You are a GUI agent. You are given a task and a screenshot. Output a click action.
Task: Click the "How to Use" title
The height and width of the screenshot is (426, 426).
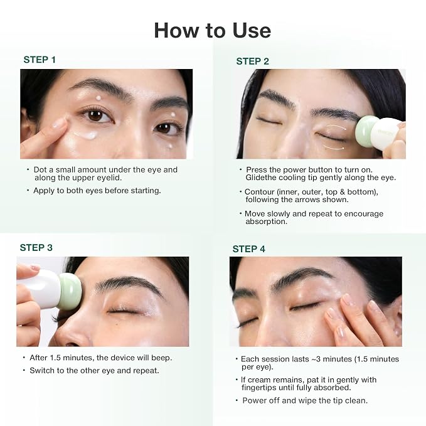213,30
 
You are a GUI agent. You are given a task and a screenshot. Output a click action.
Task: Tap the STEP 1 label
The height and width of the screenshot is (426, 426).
40,60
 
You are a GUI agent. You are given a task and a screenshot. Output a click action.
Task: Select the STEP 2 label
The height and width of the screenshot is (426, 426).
252,61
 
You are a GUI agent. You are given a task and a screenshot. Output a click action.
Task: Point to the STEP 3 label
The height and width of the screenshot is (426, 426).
36,248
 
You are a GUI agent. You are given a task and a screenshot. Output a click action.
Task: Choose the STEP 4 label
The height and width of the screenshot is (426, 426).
249,249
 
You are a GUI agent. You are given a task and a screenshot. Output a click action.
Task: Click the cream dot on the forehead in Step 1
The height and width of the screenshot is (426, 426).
99,98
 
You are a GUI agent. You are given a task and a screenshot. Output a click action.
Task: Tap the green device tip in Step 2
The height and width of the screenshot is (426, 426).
366,131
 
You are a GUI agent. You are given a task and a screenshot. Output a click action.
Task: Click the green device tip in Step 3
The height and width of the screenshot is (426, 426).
70,292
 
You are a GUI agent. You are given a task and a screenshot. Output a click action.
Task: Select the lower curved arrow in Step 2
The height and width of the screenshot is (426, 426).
334,148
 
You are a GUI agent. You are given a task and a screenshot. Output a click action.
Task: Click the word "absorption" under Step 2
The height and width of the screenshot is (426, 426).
266,221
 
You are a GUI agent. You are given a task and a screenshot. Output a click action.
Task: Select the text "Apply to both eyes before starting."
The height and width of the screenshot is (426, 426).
97,191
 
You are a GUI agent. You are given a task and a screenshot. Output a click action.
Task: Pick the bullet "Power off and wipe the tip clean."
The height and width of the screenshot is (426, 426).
304,401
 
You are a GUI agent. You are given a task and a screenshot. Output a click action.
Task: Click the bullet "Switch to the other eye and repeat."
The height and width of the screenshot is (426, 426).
94,371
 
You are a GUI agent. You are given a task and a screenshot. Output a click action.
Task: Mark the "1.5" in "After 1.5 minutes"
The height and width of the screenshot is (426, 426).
55,358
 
